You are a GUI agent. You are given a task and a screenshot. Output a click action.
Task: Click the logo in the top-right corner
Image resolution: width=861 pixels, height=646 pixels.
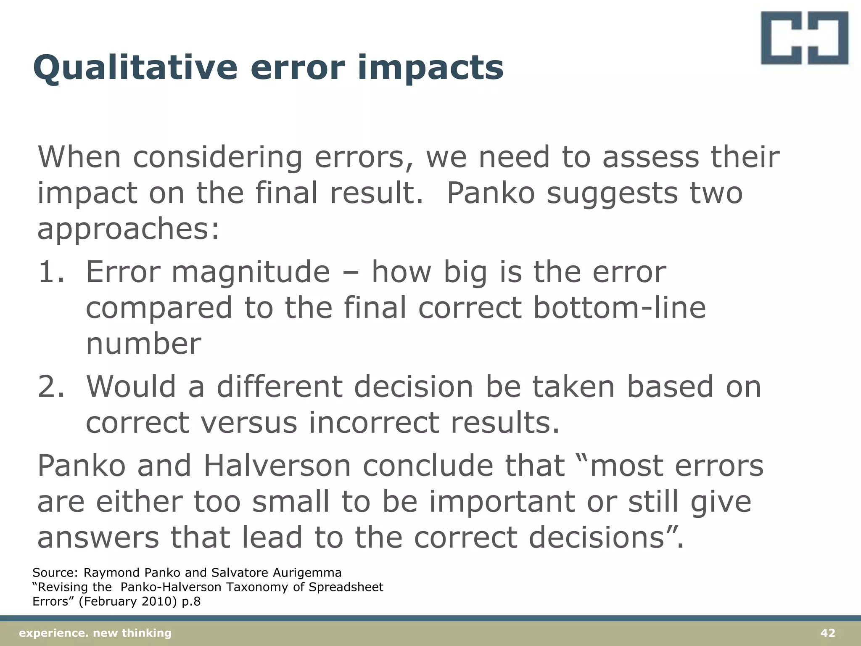point(804,38)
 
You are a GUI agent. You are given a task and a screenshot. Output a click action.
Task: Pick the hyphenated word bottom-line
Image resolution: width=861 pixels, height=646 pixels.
point(619,308)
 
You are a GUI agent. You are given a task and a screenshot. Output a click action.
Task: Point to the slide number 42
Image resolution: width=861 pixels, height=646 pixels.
point(828,633)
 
